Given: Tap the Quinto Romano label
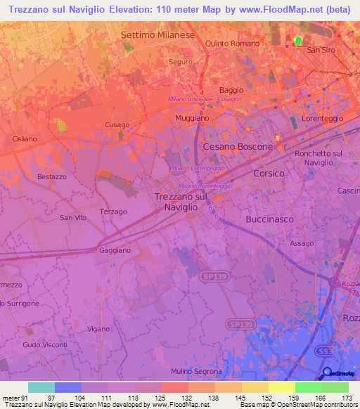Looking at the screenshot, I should click(232, 44).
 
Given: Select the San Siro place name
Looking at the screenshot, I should click(321, 51).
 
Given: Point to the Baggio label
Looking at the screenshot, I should click(231, 90).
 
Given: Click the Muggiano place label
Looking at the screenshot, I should click(192, 118).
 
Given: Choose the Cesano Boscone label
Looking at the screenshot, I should click(238, 147).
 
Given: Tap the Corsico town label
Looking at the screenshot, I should click(269, 173).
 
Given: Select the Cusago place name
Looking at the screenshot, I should click(117, 125).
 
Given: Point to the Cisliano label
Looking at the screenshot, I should click(24, 139).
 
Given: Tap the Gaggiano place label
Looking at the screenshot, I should click(115, 250).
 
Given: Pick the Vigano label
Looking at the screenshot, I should click(98, 329).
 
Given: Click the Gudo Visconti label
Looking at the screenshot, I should click(44, 345).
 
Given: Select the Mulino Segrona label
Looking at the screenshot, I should click(197, 371).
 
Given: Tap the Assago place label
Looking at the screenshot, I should click(302, 243).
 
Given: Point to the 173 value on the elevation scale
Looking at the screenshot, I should click(346, 398).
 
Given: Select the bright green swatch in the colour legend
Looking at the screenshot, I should click(308, 387).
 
